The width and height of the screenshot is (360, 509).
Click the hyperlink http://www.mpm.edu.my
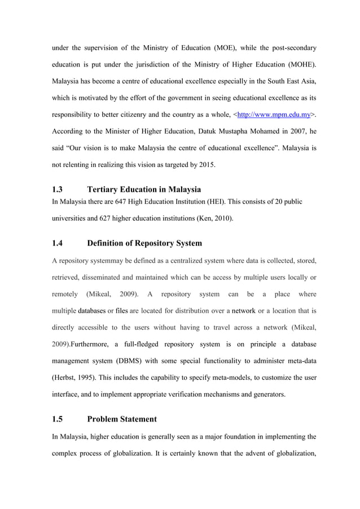(275, 115)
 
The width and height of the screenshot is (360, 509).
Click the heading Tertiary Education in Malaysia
(144, 189)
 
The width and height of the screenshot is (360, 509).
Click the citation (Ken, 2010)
(210, 218)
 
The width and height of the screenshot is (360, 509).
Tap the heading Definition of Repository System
(144, 243)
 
